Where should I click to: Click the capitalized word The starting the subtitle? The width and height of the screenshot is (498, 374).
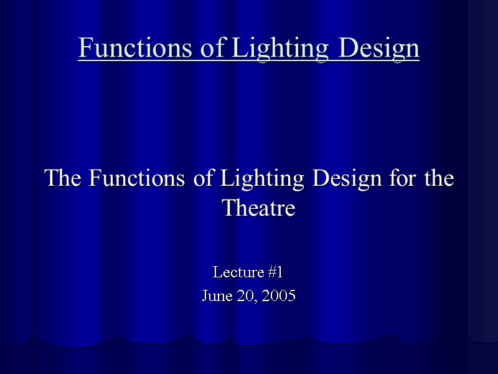coord(64,179)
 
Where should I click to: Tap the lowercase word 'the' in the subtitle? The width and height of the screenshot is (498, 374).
coord(439,179)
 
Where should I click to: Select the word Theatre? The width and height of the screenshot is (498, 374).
coord(258,208)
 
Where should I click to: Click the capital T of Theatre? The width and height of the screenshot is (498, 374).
coord(228,208)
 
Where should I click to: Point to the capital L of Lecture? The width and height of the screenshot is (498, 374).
coord(217,272)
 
